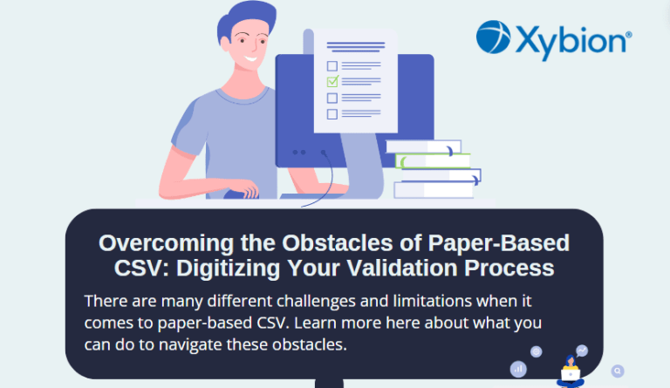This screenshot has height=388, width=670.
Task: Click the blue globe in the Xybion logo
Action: pos(494,37)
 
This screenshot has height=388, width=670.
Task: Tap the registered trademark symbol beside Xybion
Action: pos(628,35)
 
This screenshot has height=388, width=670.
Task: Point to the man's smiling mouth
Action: pos(250,58)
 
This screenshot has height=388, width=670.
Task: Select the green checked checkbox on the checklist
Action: pos(332,81)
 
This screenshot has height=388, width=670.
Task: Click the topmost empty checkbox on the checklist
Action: pos(332,66)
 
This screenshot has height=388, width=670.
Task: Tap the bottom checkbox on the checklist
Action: pos(332,114)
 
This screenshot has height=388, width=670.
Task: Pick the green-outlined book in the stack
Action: pos(433,161)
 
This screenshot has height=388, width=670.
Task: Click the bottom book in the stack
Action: pos(434,190)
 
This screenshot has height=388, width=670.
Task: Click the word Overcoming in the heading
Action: pos(167,244)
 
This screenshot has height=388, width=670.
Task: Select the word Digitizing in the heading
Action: pos(228,269)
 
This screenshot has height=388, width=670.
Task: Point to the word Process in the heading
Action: pos(509,268)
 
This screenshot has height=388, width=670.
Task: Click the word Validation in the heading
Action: pos(402,268)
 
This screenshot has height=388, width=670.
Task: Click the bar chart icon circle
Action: pos(518,369)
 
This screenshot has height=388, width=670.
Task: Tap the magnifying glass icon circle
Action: pos(618,371)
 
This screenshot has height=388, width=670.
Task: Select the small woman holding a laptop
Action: pos(571,371)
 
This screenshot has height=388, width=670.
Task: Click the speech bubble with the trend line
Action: pos(582,351)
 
